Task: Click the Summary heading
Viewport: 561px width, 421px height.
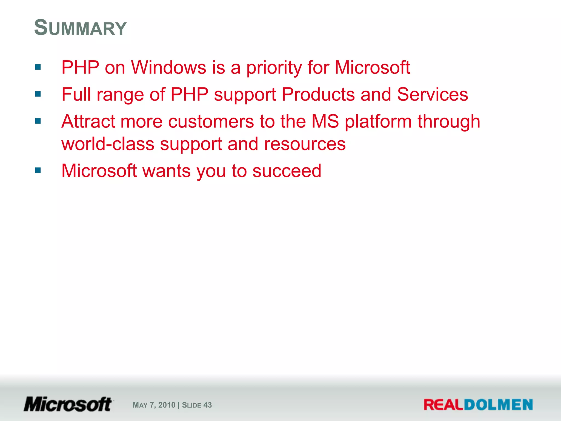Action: tap(80, 28)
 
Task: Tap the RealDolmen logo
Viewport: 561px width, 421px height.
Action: tap(478, 405)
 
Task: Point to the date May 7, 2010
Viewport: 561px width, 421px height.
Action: tap(154, 405)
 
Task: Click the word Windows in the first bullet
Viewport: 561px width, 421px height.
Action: tap(168, 67)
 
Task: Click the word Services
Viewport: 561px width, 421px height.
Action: tap(433, 95)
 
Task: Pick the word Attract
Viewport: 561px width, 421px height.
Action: tap(88, 121)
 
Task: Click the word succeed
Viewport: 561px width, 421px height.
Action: tap(287, 171)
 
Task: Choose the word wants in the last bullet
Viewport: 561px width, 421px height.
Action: tap(167, 171)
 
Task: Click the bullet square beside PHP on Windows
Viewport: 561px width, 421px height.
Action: tap(38, 67)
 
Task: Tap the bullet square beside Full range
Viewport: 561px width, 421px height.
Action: tap(38, 94)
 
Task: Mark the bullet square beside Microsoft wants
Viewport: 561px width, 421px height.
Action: tap(38, 170)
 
